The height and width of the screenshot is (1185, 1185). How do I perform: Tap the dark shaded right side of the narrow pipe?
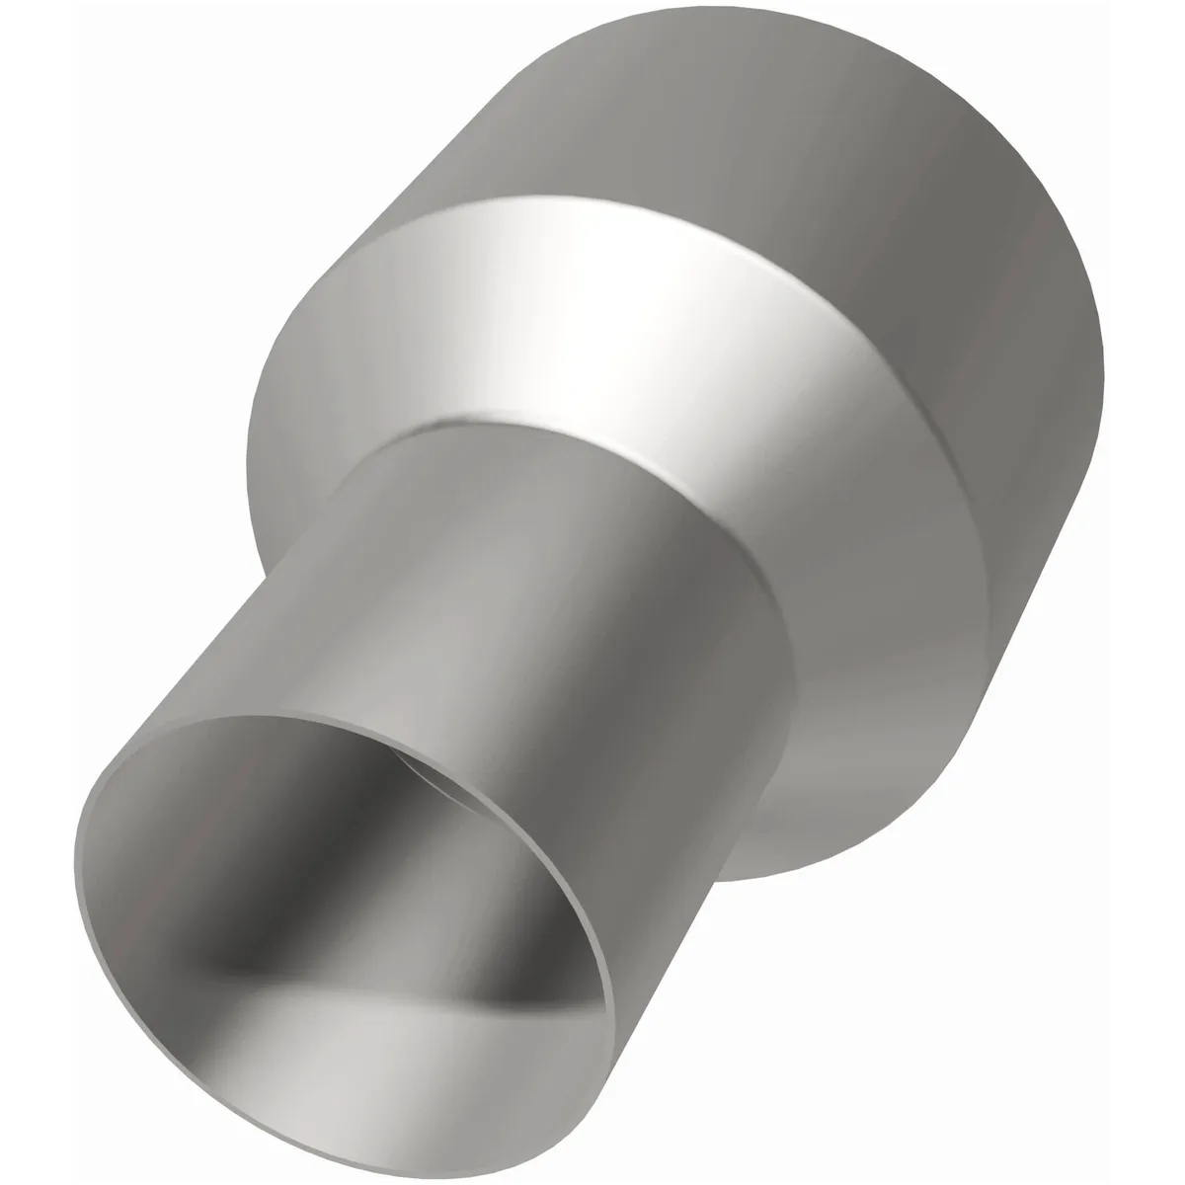coord(711,711)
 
